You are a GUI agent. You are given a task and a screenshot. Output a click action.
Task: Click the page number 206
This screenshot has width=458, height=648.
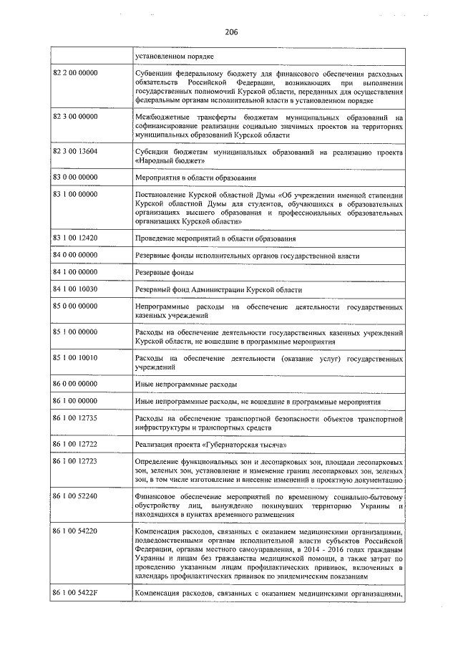pos(230,31)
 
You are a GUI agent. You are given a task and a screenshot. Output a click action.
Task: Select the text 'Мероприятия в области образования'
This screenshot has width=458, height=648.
pos(196,177)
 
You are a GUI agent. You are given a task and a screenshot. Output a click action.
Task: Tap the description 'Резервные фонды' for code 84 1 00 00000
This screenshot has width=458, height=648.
pos(164,272)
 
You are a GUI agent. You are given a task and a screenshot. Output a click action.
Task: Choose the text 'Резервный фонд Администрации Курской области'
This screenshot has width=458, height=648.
pos(218,289)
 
